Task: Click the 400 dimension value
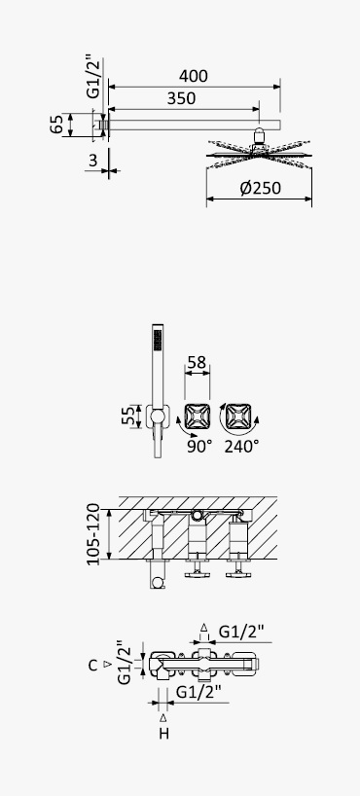point(193,76)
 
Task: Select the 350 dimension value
point(181,98)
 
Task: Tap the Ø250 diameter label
point(260,188)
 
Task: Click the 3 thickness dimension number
point(93,161)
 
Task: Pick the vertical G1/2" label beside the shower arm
point(93,77)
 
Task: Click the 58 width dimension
point(197,362)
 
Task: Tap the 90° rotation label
point(199,447)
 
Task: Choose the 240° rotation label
point(241,447)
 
